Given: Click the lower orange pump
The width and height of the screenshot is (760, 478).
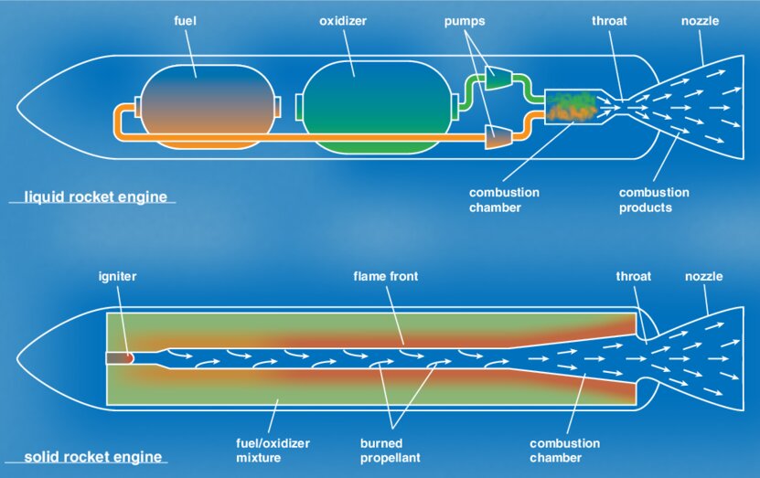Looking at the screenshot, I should click(498, 137).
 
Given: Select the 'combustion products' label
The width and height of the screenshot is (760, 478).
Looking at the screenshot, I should click(654, 200).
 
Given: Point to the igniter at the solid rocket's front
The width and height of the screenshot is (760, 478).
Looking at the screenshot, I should click(120, 357).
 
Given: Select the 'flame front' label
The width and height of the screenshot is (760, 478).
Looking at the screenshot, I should click(387, 275).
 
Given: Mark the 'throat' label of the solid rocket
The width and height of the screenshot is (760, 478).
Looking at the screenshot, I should click(633, 275).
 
